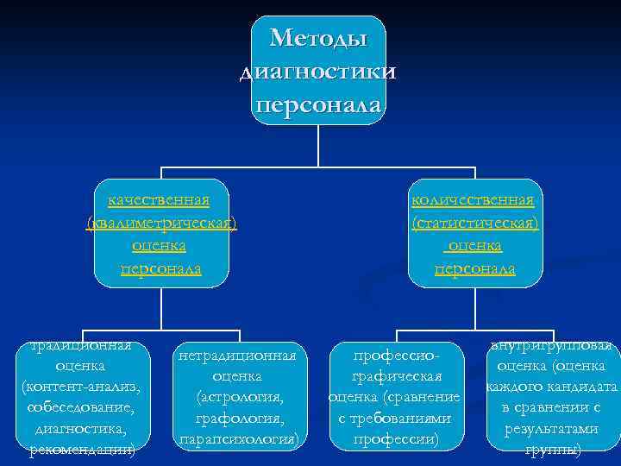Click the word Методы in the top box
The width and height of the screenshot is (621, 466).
[x=318, y=39]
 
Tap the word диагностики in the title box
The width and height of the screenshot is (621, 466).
[x=318, y=72]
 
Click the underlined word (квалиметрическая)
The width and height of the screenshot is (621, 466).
[x=161, y=224]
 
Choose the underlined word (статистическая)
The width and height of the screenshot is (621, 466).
[x=475, y=224]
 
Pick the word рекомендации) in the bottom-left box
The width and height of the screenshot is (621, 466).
[x=81, y=449]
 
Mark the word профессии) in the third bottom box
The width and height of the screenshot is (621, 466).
[x=397, y=440]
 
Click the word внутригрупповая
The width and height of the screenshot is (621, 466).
[x=552, y=346]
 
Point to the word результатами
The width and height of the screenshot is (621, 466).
[x=553, y=428]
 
